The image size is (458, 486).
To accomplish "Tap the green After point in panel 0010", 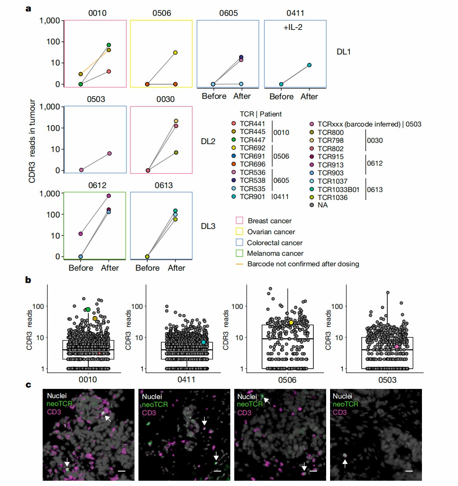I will (109, 45).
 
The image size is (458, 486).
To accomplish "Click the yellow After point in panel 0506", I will (175, 53).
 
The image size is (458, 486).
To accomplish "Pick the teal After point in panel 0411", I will (309, 65).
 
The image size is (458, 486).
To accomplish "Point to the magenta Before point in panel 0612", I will (80, 234).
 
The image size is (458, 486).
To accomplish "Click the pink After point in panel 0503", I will (109, 153).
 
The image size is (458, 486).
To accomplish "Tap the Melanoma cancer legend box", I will (240, 253).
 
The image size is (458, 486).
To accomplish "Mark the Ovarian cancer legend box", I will (240, 232).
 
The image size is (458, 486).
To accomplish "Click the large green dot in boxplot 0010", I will (88, 310).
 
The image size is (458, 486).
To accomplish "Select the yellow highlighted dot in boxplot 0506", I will (291, 323).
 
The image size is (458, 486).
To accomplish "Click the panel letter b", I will (28, 279).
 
